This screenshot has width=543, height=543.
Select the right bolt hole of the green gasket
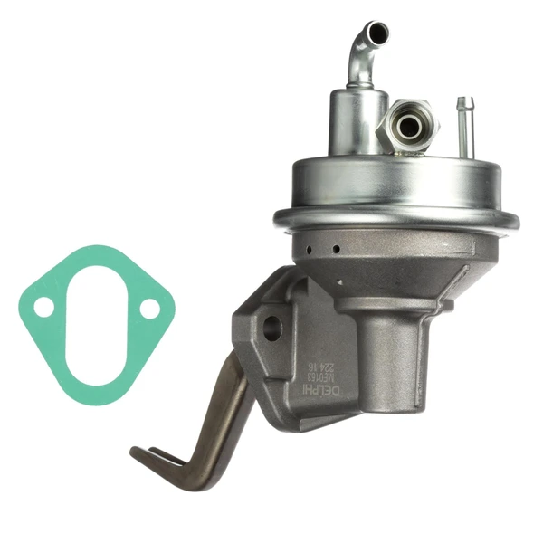point(150,310)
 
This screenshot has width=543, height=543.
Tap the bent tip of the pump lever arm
point(145,452)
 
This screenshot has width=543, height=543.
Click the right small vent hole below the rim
point(336,248)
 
